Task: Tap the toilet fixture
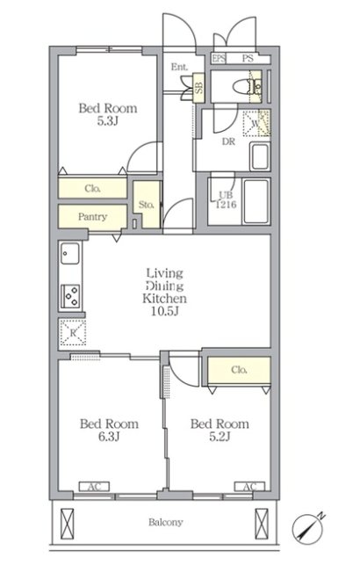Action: coord(247,87)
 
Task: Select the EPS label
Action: coord(219,58)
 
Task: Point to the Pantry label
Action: coord(92,217)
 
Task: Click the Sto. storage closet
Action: coord(147,205)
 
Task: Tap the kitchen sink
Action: coord(69,253)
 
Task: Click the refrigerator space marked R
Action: coord(73,332)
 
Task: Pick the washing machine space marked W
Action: coord(256,123)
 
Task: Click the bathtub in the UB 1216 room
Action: coord(256,201)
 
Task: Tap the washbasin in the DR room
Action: coord(260,156)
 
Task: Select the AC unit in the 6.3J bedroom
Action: coord(94,486)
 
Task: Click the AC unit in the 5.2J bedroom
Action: coord(249,486)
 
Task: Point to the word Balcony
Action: coord(165,523)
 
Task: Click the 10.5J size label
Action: coord(165,311)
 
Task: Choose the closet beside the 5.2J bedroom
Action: coord(239,370)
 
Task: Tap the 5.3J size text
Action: coord(107,121)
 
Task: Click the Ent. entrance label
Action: coord(180,67)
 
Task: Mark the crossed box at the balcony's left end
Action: coord(67,524)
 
